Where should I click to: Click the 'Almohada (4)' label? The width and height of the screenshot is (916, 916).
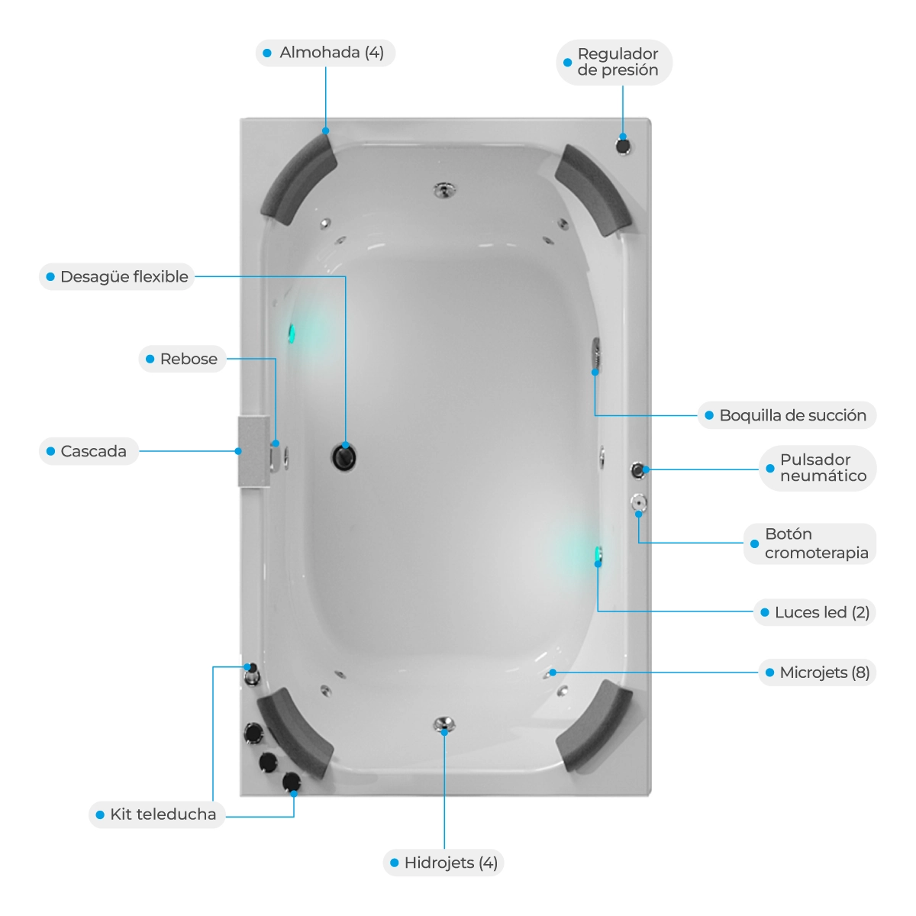(331, 53)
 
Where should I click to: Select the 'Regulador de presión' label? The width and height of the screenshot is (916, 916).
(618, 62)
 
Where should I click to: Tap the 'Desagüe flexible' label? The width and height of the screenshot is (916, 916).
(124, 276)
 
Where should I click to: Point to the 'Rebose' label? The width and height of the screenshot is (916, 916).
(189, 359)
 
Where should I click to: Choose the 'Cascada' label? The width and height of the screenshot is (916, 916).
(94, 451)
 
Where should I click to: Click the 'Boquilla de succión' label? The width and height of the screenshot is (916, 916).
(792, 415)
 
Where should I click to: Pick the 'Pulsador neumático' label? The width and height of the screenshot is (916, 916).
(823, 468)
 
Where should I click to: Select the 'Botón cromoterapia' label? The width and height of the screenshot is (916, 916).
(816, 543)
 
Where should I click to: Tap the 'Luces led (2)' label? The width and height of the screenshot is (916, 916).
(822, 612)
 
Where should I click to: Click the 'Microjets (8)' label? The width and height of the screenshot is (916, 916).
(824, 672)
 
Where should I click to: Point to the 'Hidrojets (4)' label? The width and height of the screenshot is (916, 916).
(450, 863)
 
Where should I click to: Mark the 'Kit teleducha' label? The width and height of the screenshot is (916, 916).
(163, 814)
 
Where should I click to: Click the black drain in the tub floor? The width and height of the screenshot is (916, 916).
(343, 457)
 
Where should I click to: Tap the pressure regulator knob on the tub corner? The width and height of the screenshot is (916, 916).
(623, 146)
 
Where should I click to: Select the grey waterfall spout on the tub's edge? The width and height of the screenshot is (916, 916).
(254, 451)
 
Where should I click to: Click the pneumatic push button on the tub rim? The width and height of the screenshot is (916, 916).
(637, 470)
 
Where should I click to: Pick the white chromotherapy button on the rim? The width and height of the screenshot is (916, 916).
(638, 502)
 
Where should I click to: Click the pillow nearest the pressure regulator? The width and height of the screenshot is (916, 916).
(593, 190)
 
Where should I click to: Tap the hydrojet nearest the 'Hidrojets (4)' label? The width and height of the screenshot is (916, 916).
(444, 724)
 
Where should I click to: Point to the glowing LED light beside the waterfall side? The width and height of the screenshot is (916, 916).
(292, 334)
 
